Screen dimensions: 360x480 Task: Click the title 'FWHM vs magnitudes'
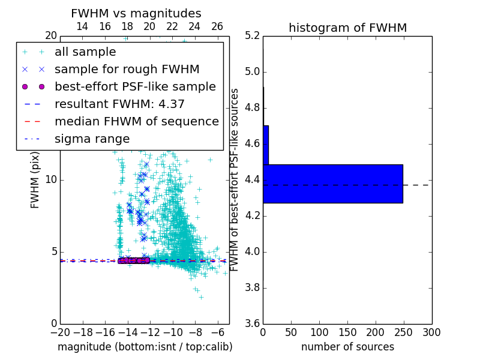(136, 13)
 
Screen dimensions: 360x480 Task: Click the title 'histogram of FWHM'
(347, 28)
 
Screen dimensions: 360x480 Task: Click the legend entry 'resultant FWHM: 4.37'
(119, 104)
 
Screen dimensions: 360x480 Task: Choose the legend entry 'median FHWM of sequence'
(136, 121)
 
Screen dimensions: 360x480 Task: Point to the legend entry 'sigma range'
(92, 139)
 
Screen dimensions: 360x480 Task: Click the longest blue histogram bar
(332, 184)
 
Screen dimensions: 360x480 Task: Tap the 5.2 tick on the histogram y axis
(252, 36)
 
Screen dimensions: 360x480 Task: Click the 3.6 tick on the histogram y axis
(252, 323)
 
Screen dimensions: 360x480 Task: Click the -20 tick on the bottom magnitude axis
(60, 332)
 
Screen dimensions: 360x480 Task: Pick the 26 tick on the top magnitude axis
(217, 26)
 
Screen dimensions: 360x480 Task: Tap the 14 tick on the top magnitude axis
(82, 26)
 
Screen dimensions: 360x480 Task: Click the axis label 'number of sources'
(347, 347)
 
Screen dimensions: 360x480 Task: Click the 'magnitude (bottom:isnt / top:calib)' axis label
(145, 347)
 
